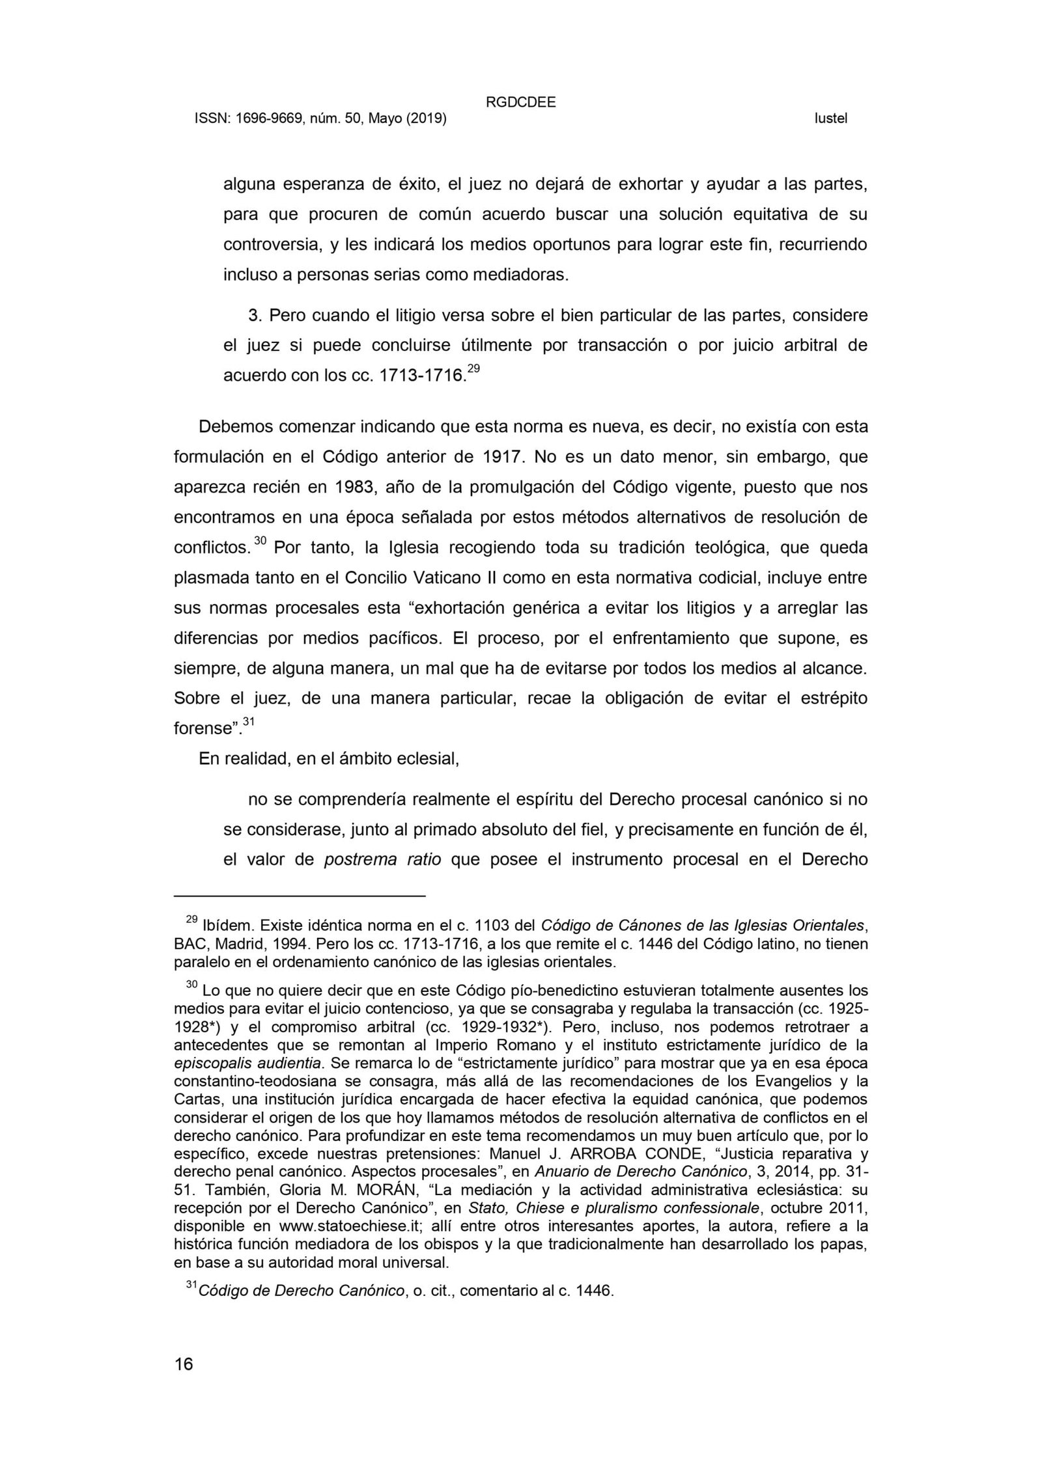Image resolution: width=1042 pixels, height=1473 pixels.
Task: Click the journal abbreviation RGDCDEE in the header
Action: coord(520,102)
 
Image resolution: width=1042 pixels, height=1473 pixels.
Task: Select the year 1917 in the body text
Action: coord(503,457)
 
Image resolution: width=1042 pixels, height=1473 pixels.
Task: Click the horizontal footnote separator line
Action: coord(300,896)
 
